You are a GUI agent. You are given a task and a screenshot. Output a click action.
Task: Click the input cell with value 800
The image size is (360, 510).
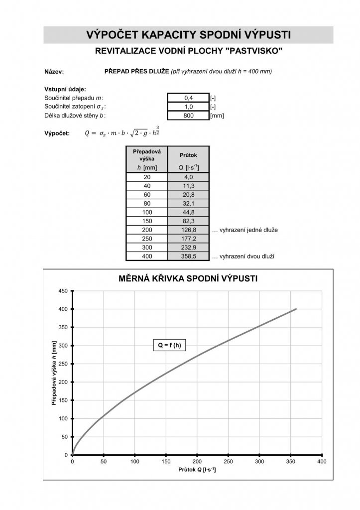[188, 116]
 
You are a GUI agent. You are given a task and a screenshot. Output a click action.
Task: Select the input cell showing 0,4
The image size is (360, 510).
[188, 98]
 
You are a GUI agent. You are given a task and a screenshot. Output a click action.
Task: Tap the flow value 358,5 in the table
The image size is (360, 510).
[188, 256]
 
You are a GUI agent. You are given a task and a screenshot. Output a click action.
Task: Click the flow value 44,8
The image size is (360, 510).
[188, 212]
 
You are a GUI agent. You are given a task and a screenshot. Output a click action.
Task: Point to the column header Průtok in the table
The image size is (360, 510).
[188, 155]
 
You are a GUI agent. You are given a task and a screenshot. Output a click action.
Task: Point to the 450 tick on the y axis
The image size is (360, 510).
[64, 291]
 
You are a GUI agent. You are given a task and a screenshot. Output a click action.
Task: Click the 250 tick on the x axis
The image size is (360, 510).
[228, 462]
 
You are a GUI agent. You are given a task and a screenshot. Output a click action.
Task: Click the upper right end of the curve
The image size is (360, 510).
[296, 309]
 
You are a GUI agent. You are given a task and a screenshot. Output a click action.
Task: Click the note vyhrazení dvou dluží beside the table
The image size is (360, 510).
[244, 256]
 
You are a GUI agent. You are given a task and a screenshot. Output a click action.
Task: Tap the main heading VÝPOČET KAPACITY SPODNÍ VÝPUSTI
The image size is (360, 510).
[188, 34]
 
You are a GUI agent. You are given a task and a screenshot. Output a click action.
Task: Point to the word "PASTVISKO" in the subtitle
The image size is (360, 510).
[258, 51]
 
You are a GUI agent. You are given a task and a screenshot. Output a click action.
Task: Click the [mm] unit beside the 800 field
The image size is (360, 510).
[217, 116]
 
